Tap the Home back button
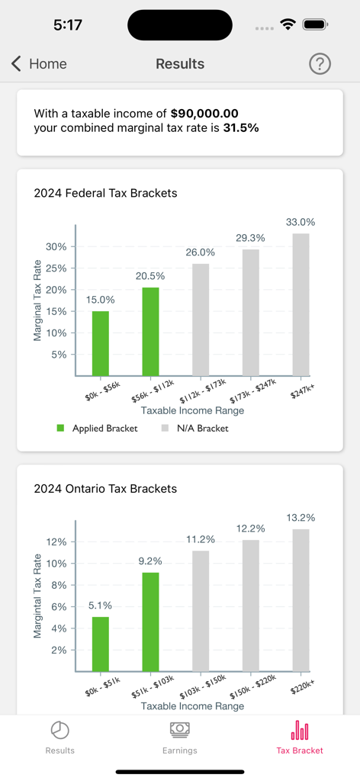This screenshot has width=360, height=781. pyautogui.click(x=39, y=64)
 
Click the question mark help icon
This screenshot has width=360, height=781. pyautogui.click(x=320, y=64)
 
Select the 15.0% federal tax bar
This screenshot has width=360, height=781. pyautogui.click(x=101, y=343)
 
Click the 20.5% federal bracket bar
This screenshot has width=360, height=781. pyautogui.click(x=150, y=331)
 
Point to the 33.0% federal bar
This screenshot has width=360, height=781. pyautogui.click(x=301, y=304)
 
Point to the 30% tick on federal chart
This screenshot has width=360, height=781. pyautogui.click(x=56, y=247)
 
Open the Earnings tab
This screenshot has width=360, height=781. pyautogui.click(x=180, y=738)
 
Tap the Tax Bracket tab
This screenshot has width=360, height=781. pyautogui.click(x=300, y=738)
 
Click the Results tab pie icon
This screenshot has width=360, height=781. pyautogui.click(x=60, y=731)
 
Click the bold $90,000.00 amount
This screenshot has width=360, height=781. pyautogui.click(x=204, y=113)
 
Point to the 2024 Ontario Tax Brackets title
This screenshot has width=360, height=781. pyautogui.click(x=105, y=488)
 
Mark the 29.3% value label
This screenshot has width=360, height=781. pyautogui.click(x=250, y=238)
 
